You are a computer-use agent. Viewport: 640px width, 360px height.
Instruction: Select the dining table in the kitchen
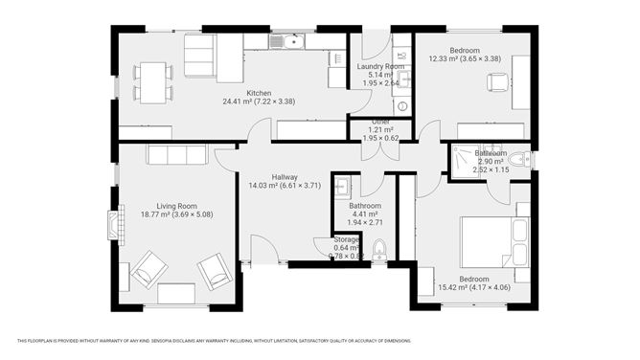pyautogui.click(x=151, y=80)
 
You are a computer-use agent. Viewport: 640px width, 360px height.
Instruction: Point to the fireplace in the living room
pyautogui.click(x=115, y=227)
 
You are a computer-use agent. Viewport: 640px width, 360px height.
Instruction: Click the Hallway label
pyautogui.click(x=285, y=177)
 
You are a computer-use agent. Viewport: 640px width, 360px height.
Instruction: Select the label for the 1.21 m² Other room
pyautogui.click(x=381, y=123)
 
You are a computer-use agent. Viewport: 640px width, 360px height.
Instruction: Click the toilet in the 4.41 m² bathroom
pyautogui.click(x=379, y=251)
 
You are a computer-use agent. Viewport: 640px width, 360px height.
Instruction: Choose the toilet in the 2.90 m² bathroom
pyautogui.click(x=519, y=160)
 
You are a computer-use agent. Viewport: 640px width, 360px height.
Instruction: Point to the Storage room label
pyautogui.click(x=346, y=240)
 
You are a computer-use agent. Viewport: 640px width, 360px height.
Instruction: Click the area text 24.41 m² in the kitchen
pyautogui.click(x=237, y=101)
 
